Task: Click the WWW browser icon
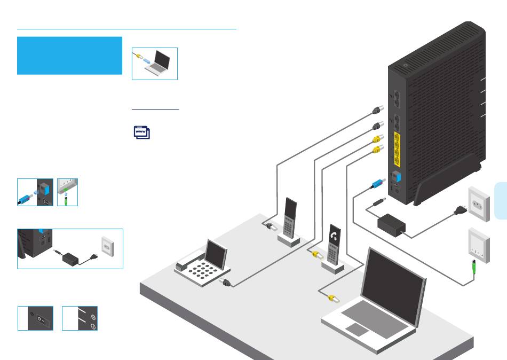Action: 141,132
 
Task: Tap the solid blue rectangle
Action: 69,56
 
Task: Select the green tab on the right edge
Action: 500,200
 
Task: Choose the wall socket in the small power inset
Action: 107,246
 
